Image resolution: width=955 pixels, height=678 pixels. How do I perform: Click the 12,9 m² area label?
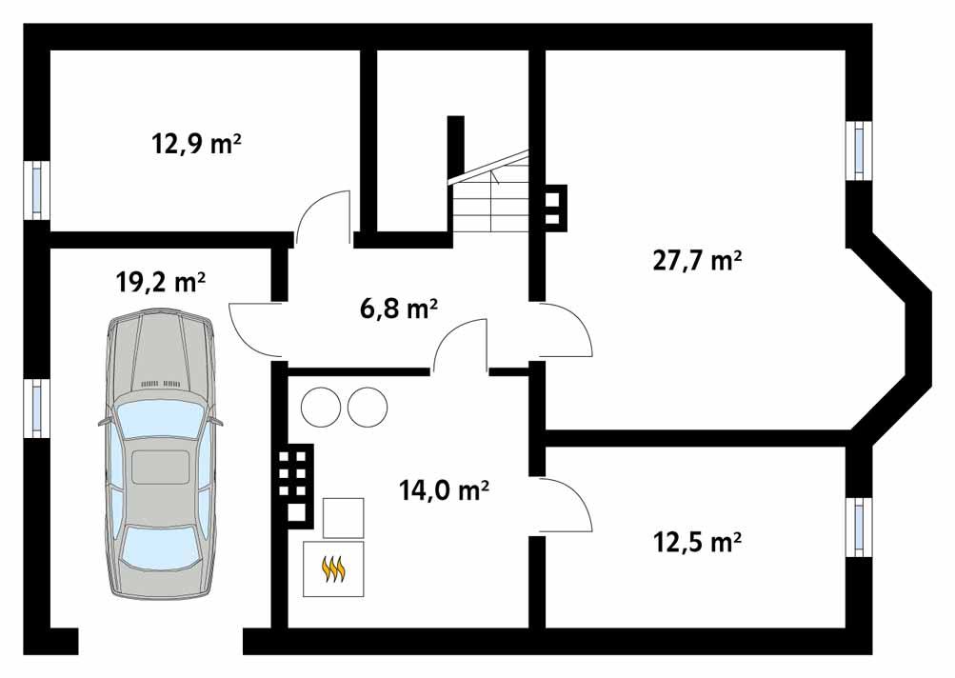[196, 145]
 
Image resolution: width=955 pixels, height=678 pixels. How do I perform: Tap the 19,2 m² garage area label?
[161, 282]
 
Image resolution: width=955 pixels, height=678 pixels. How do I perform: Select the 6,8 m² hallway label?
[399, 309]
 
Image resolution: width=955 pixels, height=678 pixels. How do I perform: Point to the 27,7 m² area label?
[697, 260]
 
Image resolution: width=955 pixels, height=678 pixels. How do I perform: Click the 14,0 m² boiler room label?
[444, 489]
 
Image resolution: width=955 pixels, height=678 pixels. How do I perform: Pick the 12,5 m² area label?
[697, 541]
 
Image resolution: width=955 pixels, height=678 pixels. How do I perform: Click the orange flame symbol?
[334, 569]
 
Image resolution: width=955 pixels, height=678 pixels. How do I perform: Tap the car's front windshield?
[160, 420]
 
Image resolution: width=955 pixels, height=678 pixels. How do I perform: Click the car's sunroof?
[160, 468]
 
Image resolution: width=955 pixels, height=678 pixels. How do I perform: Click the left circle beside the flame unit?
[320, 407]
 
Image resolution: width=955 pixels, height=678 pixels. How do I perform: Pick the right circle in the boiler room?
[368, 407]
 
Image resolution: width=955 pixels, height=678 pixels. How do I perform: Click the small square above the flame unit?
[343, 518]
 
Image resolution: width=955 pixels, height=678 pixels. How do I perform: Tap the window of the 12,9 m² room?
[37, 189]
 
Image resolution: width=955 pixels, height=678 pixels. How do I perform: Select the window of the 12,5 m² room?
[859, 527]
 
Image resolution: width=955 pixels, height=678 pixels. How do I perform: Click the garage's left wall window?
[37, 409]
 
